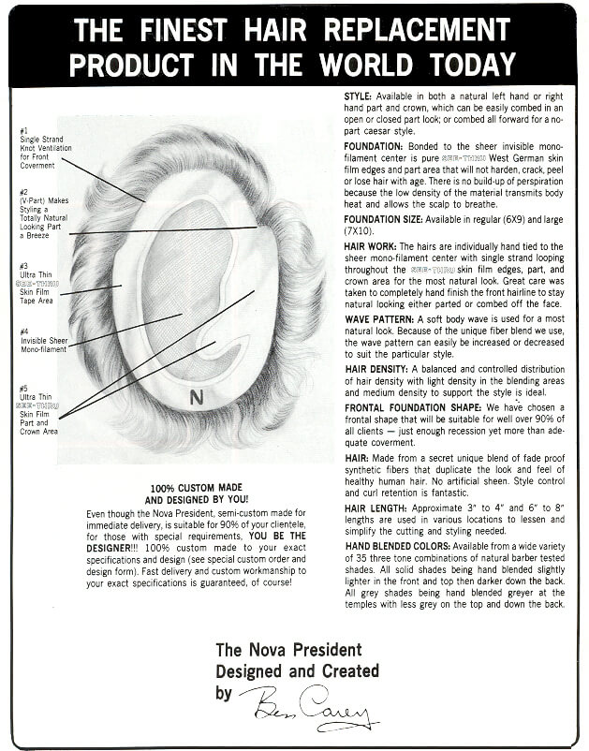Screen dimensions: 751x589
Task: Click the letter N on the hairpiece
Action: (x=196, y=397)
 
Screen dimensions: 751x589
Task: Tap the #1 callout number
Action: (x=23, y=130)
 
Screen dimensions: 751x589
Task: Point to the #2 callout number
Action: (x=23, y=193)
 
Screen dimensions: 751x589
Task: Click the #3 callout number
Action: (x=23, y=265)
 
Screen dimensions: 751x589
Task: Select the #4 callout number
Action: (x=23, y=331)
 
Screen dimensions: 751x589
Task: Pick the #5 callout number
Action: (x=23, y=388)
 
